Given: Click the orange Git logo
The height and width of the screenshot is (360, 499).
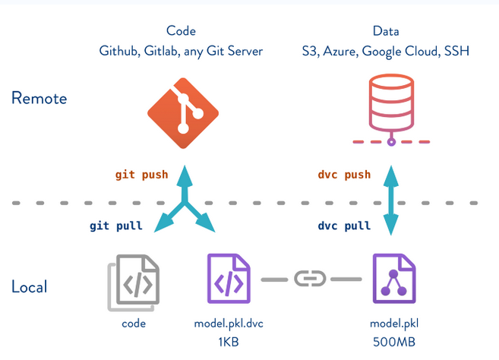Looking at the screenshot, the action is (x=183, y=113).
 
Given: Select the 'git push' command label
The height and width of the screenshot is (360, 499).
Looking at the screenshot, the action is (x=141, y=175).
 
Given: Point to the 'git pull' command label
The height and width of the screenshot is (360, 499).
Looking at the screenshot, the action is (x=116, y=226).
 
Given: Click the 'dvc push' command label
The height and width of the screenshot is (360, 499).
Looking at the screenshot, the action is (x=344, y=175).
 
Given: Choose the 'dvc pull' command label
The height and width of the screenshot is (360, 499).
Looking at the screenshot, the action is (x=344, y=226).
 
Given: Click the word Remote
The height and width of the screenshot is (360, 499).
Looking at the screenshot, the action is (x=39, y=98).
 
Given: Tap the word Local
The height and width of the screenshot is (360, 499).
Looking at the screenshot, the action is (x=30, y=286).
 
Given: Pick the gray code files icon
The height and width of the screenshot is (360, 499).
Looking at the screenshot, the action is (x=134, y=283).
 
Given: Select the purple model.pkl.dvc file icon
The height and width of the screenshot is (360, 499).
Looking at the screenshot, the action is (x=229, y=279).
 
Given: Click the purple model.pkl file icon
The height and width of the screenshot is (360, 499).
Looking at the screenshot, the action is (x=394, y=279).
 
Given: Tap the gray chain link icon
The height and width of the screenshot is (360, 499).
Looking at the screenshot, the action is (x=310, y=279).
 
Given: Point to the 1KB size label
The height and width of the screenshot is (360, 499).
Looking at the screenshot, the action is (x=229, y=343).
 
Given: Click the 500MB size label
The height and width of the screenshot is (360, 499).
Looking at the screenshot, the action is (x=394, y=343).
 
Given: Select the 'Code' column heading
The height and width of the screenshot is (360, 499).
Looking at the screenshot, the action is (x=181, y=31).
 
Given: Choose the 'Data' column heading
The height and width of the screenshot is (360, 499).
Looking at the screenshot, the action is (x=386, y=31).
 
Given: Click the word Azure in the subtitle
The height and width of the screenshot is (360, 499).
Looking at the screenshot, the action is (x=340, y=51).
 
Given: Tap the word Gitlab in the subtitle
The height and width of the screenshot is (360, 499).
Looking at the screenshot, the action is (x=161, y=51).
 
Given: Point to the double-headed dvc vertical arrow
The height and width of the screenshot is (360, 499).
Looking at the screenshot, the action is (x=391, y=201).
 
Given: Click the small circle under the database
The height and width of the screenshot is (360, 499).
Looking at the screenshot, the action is (x=391, y=142).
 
